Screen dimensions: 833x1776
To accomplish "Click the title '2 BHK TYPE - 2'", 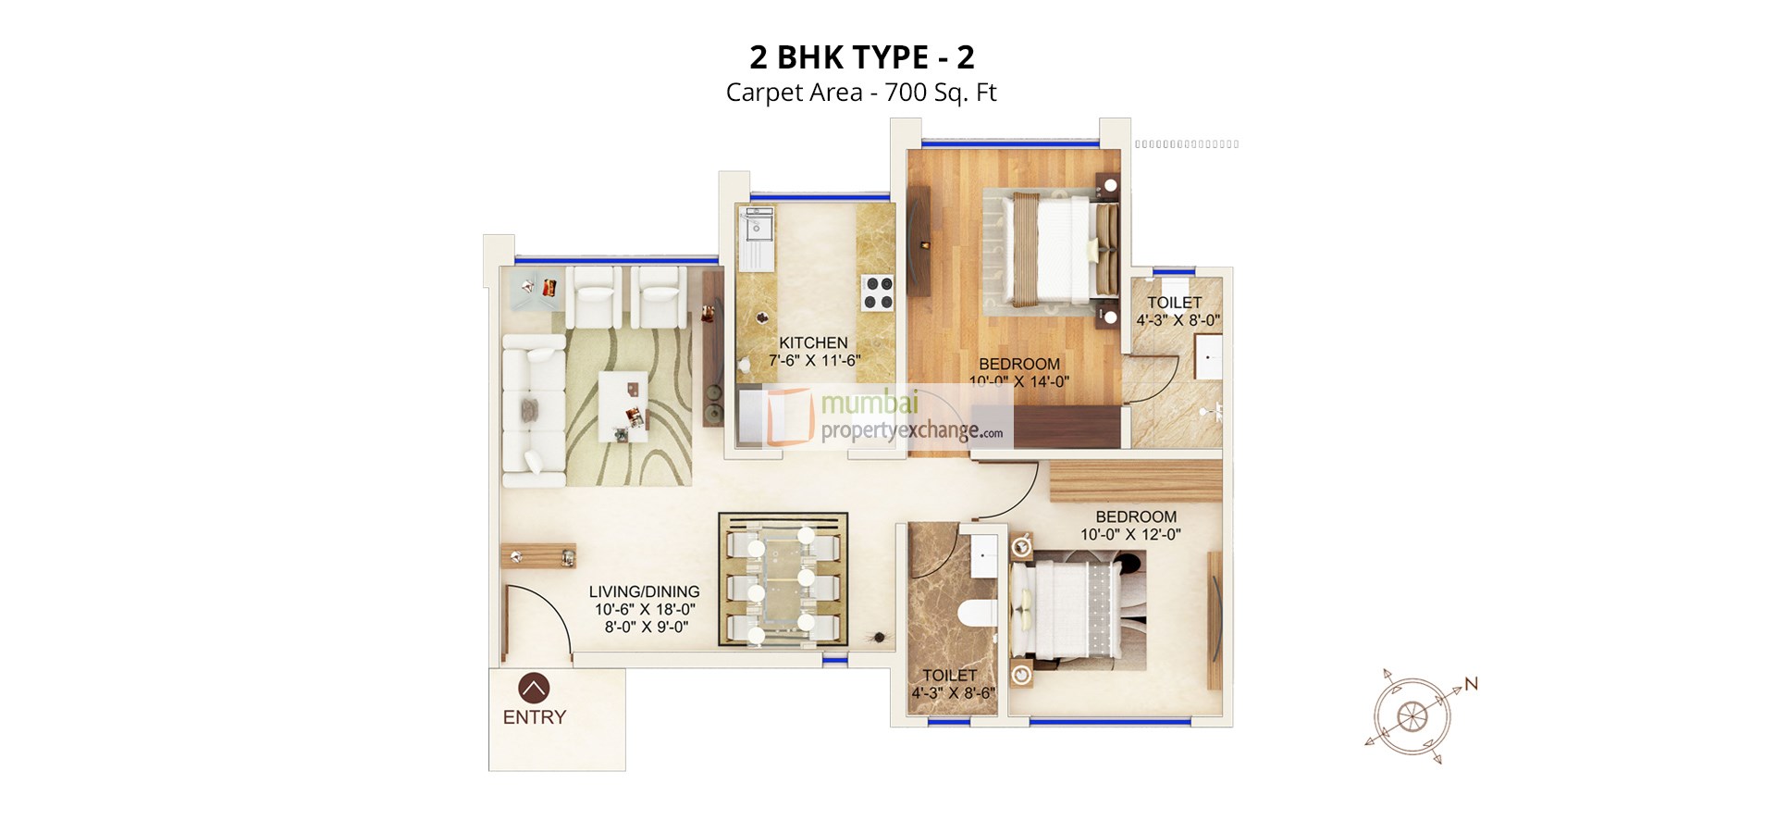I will click(x=861, y=57).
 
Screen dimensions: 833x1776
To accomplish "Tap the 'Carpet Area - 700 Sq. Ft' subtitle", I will click(x=861, y=93).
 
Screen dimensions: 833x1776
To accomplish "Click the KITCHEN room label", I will click(x=813, y=342).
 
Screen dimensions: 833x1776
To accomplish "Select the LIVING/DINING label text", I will click(x=644, y=591).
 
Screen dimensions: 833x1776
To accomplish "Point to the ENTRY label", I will click(x=534, y=717).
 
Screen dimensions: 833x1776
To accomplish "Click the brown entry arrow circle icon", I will click(x=534, y=688).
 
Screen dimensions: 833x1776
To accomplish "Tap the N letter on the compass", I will click(x=1471, y=684).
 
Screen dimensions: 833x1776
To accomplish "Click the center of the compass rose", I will click(x=1412, y=715).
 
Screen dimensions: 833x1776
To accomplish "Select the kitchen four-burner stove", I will click(x=878, y=292).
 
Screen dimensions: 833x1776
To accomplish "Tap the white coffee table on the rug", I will click(x=623, y=406).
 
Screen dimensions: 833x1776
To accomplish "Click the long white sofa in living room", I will click(x=534, y=410).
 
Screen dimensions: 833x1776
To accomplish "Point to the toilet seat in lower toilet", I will click(x=975, y=613).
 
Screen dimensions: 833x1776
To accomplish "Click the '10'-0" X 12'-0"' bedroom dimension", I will click(x=1130, y=535).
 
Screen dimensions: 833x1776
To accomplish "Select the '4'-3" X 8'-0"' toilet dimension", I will click(x=1178, y=320).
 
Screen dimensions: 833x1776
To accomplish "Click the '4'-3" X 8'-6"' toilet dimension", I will click(x=953, y=693).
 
